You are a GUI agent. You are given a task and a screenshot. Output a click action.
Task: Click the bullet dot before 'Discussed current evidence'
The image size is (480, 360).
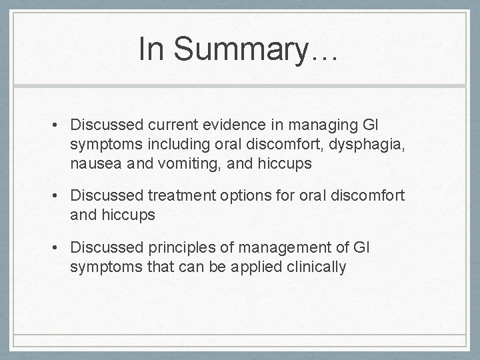pyautogui.click(x=61, y=125)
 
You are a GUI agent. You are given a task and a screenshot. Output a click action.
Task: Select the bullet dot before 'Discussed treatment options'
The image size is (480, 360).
pyautogui.click(x=61, y=195)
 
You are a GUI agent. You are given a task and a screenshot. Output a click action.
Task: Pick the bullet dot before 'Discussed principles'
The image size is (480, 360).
pyautogui.click(x=61, y=248)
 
